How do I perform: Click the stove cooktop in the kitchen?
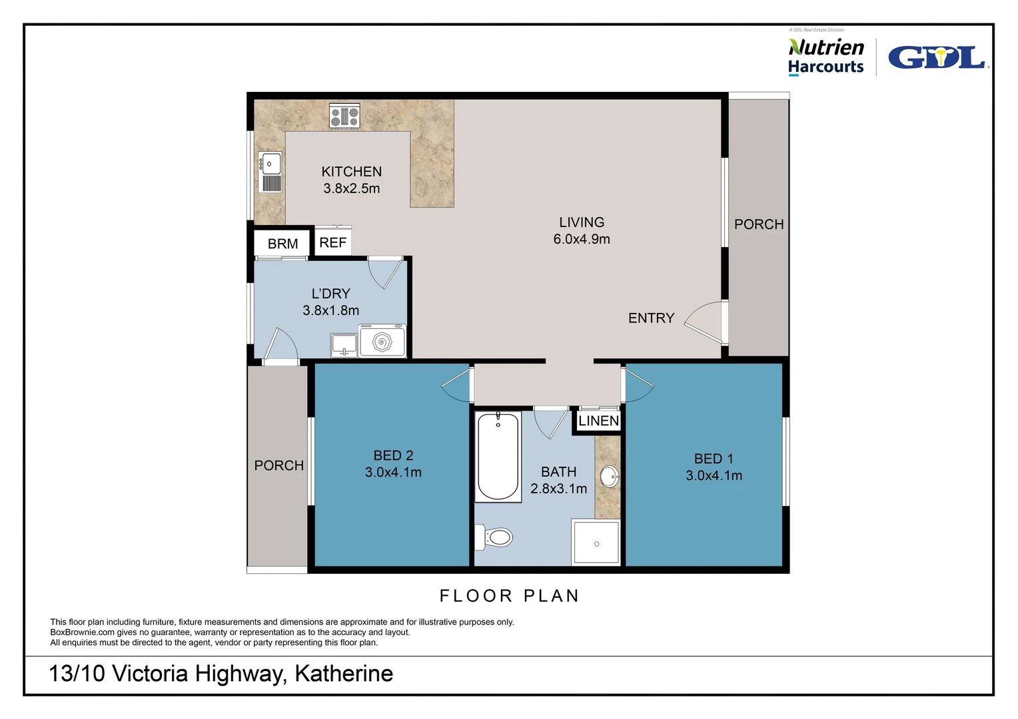(344, 117)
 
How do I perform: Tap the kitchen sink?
(270, 164)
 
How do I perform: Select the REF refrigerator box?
(332, 243)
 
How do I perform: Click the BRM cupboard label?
(282, 244)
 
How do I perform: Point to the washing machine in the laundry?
(382, 342)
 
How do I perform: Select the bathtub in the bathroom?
(498, 457)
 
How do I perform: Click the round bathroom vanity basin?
(609, 477)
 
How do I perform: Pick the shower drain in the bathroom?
(596, 544)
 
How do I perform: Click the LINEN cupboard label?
(598, 421)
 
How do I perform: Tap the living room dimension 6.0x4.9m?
(581, 239)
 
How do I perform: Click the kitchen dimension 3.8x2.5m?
(351, 188)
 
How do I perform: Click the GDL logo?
(938, 58)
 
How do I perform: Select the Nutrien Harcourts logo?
(825, 57)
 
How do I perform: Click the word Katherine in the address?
(344, 674)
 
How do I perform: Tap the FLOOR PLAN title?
(509, 596)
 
